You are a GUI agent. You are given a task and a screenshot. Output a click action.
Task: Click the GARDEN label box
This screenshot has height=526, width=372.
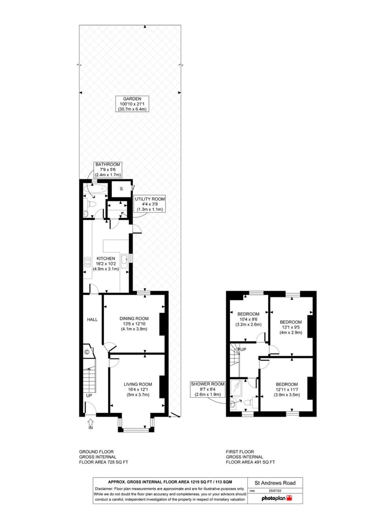tap(132, 104)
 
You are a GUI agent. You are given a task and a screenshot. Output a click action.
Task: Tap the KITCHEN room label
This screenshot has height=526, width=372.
tap(106, 263)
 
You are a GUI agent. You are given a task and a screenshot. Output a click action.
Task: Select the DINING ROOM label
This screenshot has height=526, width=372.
tap(134, 324)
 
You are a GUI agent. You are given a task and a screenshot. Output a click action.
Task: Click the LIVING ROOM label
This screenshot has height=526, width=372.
tap(138, 390)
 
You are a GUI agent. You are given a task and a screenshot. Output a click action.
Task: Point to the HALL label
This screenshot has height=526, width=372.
tap(92, 319)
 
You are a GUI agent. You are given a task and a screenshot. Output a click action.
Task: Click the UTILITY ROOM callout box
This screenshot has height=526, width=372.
tap(150, 204)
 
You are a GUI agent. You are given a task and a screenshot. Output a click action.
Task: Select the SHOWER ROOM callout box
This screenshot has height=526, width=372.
tap(207, 389)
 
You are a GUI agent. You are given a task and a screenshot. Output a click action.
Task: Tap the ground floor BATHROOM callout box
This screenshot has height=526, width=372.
tap(108, 170)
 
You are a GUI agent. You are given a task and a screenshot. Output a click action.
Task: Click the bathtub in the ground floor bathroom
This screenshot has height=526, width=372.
tap(95, 189)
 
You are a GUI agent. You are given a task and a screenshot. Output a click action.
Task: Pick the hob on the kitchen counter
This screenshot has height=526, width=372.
tap(87, 262)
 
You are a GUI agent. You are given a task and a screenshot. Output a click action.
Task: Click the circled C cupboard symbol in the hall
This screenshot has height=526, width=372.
tap(86, 352)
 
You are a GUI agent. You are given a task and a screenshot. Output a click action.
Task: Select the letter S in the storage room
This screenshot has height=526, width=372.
tap(121, 189)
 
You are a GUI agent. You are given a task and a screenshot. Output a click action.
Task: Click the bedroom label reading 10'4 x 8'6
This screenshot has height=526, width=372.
tap(248, 319)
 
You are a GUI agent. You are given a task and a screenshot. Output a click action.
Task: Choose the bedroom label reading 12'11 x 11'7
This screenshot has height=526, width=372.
tap(287, 390)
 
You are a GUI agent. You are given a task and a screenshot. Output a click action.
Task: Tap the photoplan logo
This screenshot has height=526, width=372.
tap(277, 498)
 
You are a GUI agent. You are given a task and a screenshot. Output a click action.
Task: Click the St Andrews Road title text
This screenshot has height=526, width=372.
tap(275, 483)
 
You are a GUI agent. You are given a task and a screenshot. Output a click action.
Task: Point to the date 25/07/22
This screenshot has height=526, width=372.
tap(275, 491)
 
